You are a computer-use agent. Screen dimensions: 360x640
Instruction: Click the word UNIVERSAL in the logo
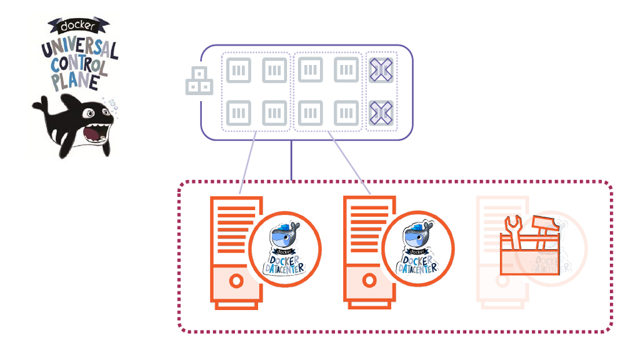pos(79,47)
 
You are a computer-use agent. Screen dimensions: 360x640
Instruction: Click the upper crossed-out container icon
pos(381,70)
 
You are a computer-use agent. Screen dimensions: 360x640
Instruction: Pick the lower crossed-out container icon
pos(381,112)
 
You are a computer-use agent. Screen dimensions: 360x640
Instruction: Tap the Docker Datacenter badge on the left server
pos(285,248)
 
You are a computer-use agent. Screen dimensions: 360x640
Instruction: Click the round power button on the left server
pos(236,281)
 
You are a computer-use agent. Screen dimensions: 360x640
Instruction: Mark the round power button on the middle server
pos(370,281)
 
